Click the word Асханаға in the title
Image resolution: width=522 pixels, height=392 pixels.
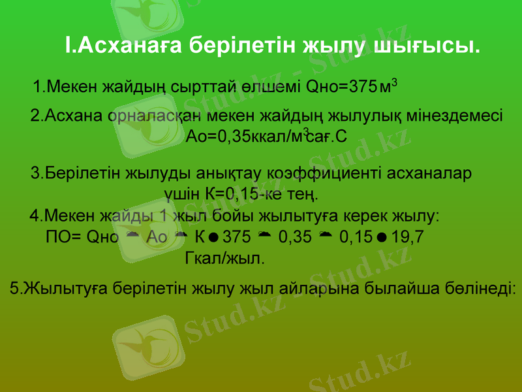[122, 45]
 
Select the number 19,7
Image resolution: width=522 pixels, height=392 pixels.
[408, 236]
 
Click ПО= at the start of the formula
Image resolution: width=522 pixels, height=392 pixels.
[64, 236]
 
